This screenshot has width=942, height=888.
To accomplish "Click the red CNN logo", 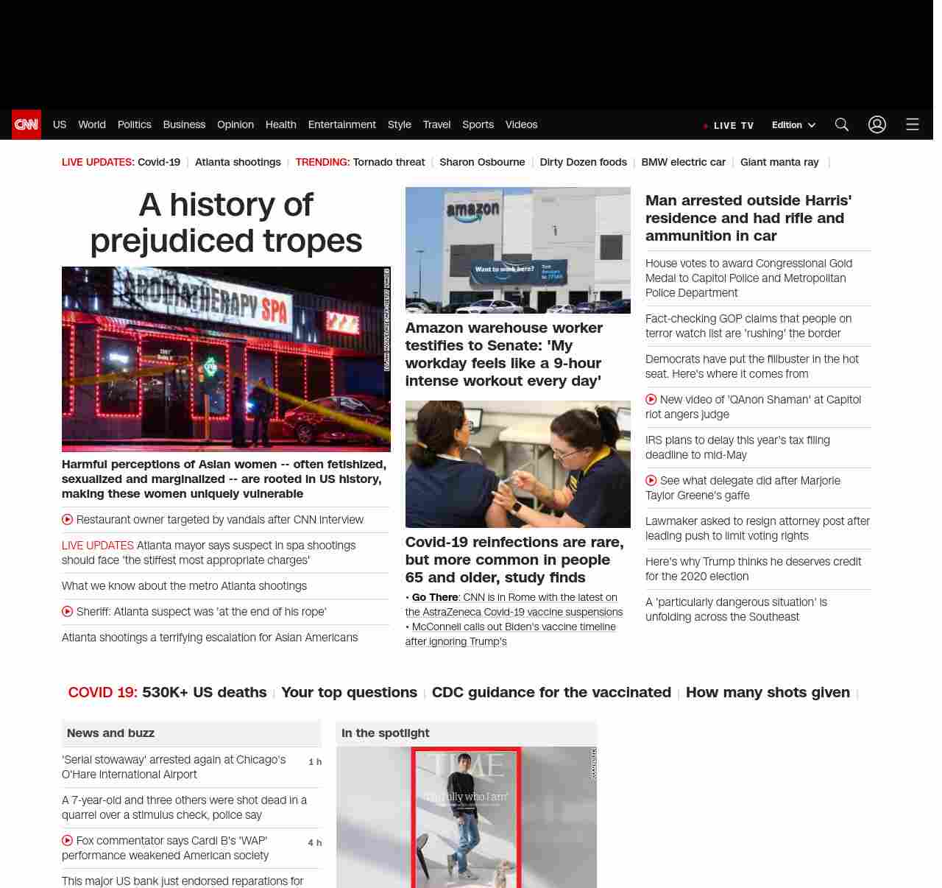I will click(26, 124).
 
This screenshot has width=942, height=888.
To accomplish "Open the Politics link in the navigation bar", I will click(134, 124).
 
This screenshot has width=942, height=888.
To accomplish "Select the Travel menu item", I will click(436, 124).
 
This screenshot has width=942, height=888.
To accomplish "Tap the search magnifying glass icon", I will click(842, 124).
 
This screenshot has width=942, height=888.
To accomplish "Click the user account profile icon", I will click(877, 124).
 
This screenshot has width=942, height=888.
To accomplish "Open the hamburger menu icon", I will click(913, 124).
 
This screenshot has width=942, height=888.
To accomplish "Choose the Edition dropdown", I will click(793, 125).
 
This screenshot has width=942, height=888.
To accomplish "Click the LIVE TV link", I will click(733, 126).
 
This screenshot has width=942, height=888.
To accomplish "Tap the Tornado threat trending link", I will click(389, 162).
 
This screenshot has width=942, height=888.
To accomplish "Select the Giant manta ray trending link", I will click(779, 162).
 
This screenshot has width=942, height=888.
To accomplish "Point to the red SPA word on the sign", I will click(274, 310).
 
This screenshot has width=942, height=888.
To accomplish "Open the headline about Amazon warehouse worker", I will click(503, 354).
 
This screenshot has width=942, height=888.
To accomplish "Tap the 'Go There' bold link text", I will click(435, 597).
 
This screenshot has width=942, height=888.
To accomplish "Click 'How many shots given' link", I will click(768, 692).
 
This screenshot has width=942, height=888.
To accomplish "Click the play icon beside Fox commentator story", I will click(68, 840).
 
